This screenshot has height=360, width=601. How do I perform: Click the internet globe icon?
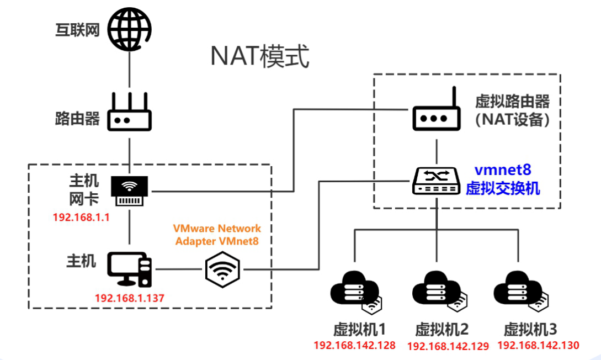(129, 29)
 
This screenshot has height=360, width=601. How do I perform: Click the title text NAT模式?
(259, 57)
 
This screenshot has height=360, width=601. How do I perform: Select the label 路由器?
(77, 118)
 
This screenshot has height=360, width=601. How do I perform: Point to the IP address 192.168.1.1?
(82, 217)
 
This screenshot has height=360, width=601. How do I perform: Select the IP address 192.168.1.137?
(130, 298)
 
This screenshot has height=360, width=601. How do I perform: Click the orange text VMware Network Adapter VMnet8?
(217, 235)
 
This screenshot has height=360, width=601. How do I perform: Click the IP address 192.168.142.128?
(354, 346)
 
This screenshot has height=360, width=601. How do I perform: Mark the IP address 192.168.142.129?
(448, 346)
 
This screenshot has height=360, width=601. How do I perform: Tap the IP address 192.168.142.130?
(538, 345)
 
